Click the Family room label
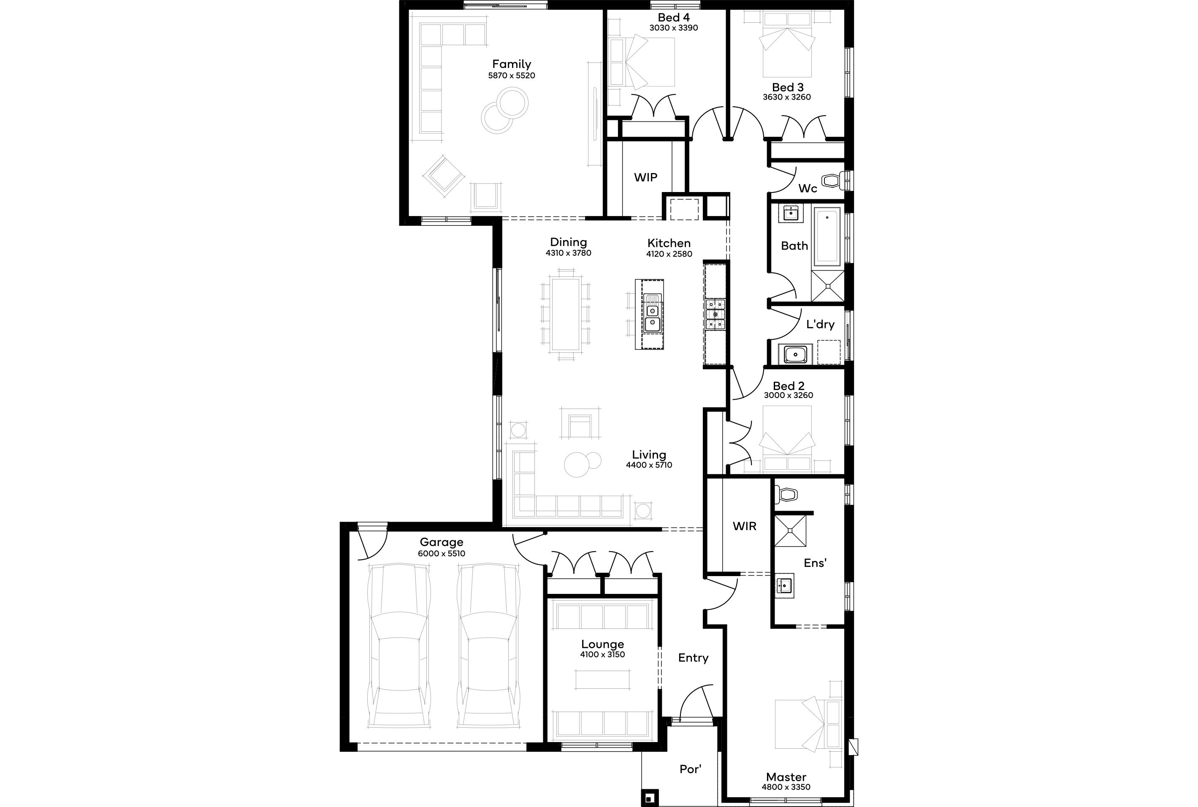(x=512, y=64)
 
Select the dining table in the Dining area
(x=566, y=315)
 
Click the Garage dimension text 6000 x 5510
(x=442, y=554)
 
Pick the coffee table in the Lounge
(x=602, y=680)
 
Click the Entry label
(x=693, y=658)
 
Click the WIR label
(x=745, y=526)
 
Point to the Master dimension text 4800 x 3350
(x=786, y=787)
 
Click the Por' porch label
(x=690, y=769)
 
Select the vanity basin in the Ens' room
(x=785, y=586)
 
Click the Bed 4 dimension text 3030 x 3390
(x=674, y=28)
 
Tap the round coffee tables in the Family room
(x=505, y=111)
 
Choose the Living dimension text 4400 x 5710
(x=649, y=465)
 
